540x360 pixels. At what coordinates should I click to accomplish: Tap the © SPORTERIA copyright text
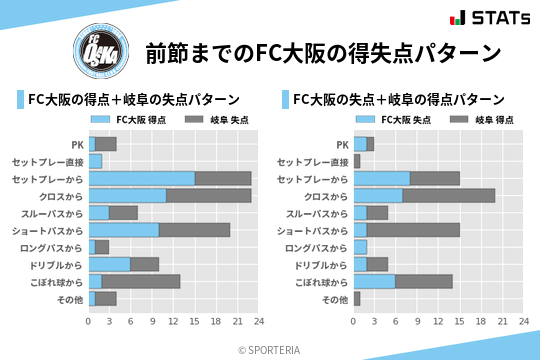click(x=270, y=349)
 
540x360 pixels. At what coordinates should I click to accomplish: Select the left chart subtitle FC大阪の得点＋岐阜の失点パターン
click(x=134, y=99)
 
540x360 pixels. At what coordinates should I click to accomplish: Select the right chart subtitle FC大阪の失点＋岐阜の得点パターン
click(x=399, y=99)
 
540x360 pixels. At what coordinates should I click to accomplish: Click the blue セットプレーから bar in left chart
click(x=141, y=178)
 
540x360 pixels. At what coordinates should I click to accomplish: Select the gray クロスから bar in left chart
click(x=209, y=195)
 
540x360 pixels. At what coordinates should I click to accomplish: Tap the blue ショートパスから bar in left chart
click(x=123, y=230)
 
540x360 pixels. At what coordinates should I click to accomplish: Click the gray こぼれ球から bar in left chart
click(x=141, y=281)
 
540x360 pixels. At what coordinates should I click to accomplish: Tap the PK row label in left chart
click(x=77, y=144)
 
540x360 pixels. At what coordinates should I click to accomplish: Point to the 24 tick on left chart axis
click(x=258, y=321)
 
